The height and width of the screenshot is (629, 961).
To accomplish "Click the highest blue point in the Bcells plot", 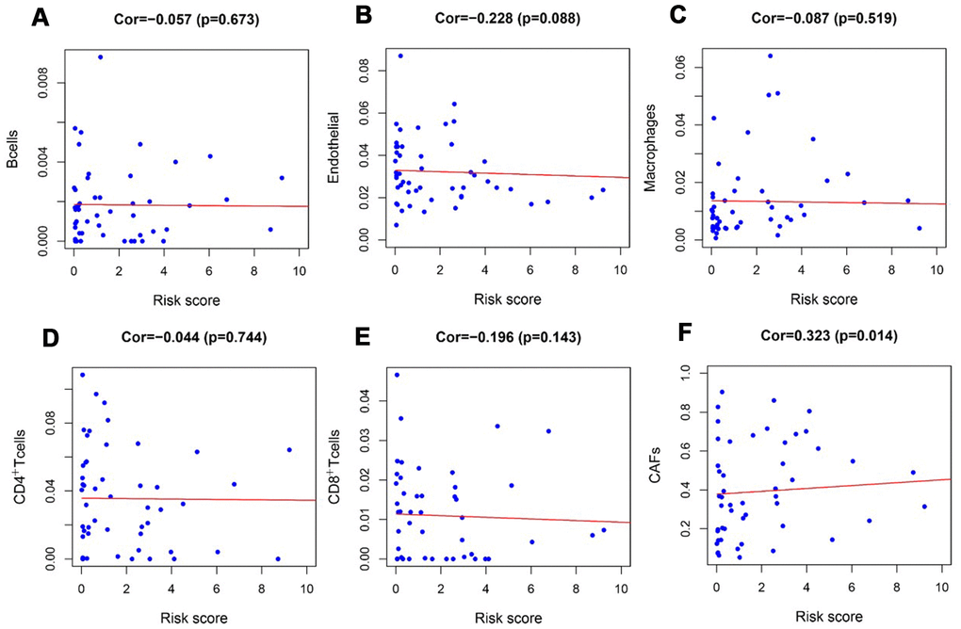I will point(100,56).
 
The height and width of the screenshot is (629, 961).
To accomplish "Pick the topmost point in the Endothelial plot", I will point(400,56).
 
